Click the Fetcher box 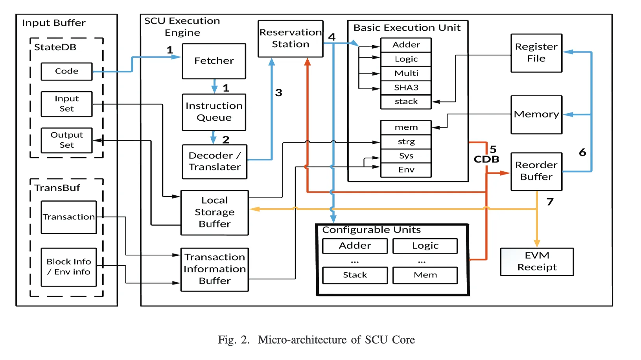[214, 61]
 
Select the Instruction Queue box [214, 112]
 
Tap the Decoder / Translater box [214, 162]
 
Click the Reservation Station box [290, 39]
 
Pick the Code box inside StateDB [66, 72]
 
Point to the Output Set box [66, 140]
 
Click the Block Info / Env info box [69, 267]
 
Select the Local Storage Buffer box [214, 212]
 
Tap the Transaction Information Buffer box [214, 269]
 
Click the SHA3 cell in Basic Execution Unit [406, 88]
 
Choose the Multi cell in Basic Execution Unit [406, 73]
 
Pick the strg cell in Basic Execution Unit [406, 141]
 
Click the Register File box [536, 53]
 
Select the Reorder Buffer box [536, 171]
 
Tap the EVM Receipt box [537, 261]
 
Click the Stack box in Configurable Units [355, 275]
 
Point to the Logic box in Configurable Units [425, 246]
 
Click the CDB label [486, 160]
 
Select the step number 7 [550, 202]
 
